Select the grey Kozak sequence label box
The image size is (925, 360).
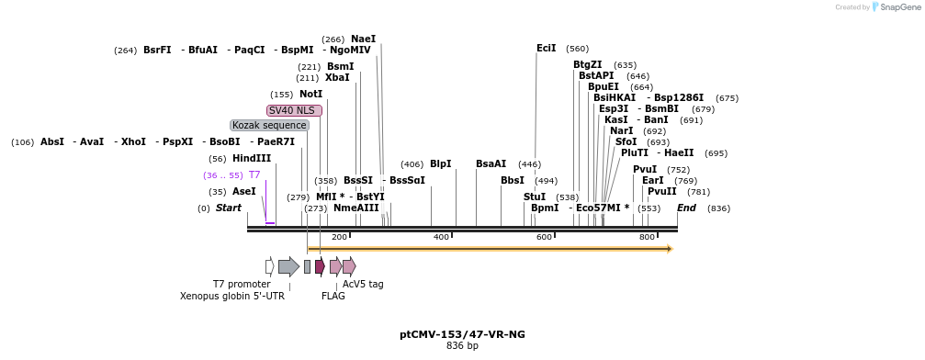268,126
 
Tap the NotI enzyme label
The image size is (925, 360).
310,95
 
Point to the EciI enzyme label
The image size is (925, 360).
546,49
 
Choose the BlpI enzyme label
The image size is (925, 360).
441,164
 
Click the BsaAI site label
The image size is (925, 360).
491,164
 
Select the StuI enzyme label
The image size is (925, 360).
535,197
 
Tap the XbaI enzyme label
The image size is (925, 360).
337,78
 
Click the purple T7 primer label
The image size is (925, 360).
254,174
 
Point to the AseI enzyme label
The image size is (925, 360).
243,192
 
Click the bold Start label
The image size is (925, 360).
229,208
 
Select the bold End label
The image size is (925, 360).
686,208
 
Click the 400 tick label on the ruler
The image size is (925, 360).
442,238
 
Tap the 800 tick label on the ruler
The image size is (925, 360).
647,238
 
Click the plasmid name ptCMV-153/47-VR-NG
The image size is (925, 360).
462,334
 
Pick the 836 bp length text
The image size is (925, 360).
462,346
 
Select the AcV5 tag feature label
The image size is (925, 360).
363,284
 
